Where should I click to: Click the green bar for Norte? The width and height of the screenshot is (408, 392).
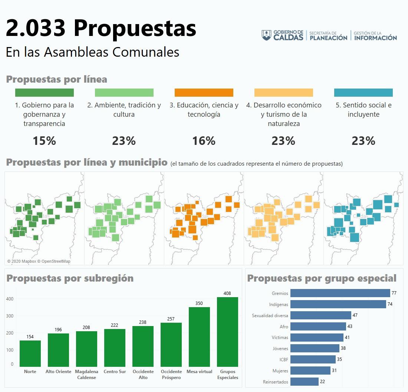click(x=30, y=353)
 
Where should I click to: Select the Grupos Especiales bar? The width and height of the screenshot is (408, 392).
click(x=227, y=332)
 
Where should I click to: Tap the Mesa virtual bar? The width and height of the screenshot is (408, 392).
click(x=199, y=336)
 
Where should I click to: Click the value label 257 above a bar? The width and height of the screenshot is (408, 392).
click(x=171, y=319)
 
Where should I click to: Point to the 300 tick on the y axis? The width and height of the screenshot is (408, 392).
click(x=10, y=316)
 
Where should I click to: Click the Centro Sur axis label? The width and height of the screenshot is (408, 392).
click(x=115, y=372)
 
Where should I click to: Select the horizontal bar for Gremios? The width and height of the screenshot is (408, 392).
click(x=340, y=293)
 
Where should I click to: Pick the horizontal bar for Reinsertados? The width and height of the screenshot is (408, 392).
click(x=304, y=382)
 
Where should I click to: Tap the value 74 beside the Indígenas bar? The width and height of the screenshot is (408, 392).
click(x=390, y=304)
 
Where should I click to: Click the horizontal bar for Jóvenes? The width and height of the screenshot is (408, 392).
click(x=315, y=348)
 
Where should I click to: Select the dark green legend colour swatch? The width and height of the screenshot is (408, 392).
click(x=45, y=93)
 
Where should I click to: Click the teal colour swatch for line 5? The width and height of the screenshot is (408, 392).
click(x=363, y=93)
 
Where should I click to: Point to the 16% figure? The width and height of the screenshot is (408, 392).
click(x=204, y=141)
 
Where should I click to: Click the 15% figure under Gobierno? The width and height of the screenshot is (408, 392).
click(x=44, y=141)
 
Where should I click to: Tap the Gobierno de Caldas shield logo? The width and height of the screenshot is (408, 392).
click(x=266, y=36)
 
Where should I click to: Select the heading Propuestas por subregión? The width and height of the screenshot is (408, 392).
click(x=70, y=278)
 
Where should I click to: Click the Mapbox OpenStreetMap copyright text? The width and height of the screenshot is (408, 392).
click(x=39, y=261)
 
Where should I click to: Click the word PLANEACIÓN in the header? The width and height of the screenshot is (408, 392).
click(x=329, y=37)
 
